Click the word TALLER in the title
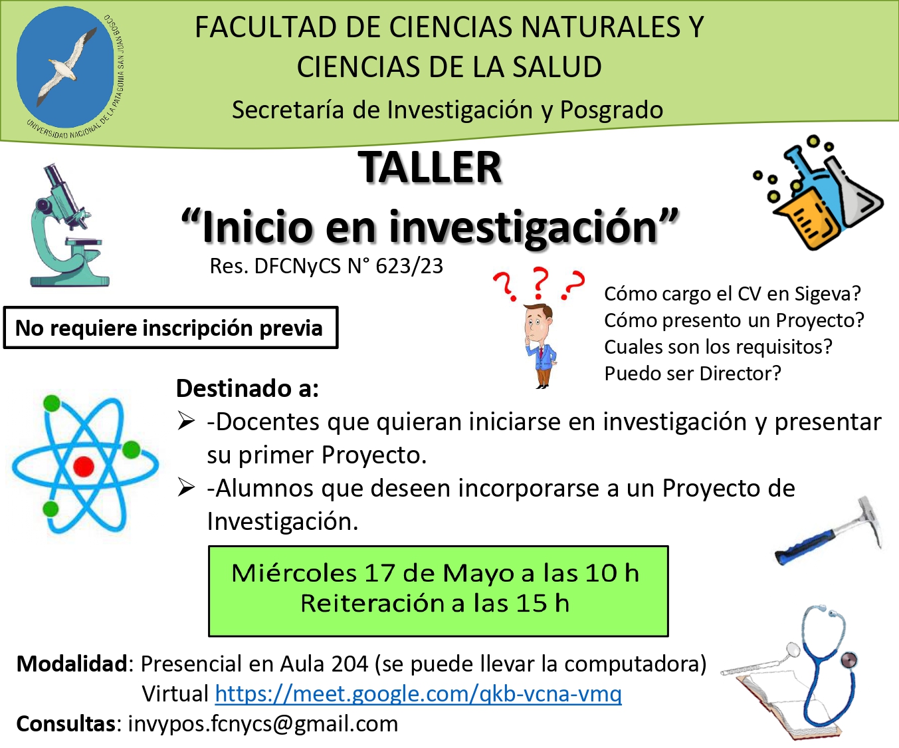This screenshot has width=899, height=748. (x=430, y=168)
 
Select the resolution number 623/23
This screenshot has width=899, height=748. (x=409, y=266)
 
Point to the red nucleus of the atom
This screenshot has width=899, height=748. (x=84, y=466)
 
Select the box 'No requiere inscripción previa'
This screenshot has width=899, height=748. (x=171, y=328)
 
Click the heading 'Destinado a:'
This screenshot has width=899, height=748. (x=248, y=388)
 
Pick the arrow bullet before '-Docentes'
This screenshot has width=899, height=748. (x=186, y=421)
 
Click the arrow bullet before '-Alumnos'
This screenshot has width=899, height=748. (x=186, y=488)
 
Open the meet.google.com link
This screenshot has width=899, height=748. (x=418, y=693)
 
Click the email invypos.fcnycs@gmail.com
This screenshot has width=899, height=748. (x=263, y=724)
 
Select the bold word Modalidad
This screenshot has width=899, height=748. (x=72, y=664)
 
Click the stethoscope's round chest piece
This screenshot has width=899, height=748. (x=849, y=660)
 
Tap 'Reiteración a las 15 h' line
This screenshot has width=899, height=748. (x=435, y=603)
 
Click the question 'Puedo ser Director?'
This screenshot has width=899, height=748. (x=692, y=374)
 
